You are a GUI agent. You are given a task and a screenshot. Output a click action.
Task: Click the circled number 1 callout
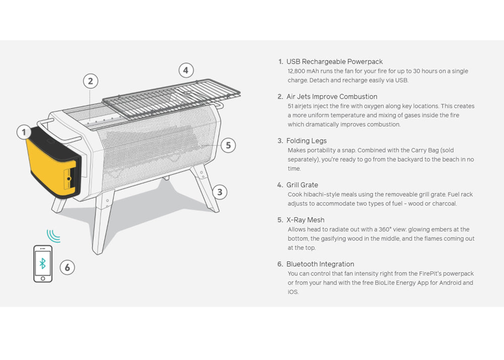[x=24, y=132]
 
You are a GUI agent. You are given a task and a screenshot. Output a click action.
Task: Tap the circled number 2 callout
[x=90, y=81]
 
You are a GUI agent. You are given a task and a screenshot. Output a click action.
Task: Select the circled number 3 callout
[x=220, y=192]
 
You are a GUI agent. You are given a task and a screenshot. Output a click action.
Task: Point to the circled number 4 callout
[x=186, y=70]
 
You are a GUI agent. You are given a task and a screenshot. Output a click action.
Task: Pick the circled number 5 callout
[x=228, y=145]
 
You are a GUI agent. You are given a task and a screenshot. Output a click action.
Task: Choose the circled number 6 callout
[x=67, y=267]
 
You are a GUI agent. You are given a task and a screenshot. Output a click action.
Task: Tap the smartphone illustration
[x=43, y=264]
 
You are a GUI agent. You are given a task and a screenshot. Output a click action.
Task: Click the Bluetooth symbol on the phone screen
[x=42, y=263]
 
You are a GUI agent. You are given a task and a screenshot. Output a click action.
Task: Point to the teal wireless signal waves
[x=53, y=235]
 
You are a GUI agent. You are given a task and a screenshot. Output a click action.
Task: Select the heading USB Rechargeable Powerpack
[x=334, y=62]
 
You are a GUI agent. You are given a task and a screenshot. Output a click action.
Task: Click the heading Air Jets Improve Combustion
[x=332, y=97]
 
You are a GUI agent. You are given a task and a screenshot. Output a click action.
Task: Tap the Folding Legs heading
[x=306, y=141]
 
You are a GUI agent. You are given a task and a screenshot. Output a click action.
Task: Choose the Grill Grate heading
[x=302, y=185]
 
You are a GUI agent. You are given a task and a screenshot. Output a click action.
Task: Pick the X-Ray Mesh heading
[x=305, y=220]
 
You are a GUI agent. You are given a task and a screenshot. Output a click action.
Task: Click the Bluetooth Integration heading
[x=320, y=264]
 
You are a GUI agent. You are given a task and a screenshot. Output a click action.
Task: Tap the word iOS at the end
[x=293, y=292]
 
